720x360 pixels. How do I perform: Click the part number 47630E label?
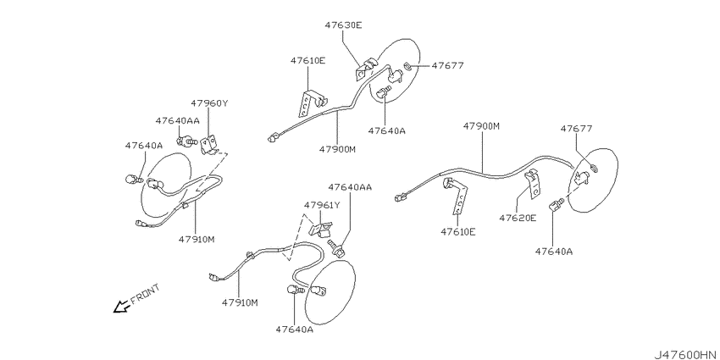click(343, 25)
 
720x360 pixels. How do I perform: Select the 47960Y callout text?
click(209, 103)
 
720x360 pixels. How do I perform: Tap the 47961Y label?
click(322, 205)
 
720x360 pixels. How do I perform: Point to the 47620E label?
click(518, 218)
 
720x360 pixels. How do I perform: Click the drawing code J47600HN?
click(685, 355)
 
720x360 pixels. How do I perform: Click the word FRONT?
click(146, 294)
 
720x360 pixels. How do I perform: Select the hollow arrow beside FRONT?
click(121, 307)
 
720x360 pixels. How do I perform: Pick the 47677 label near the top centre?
click(447, 66)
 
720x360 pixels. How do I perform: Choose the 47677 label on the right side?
click(576, 129)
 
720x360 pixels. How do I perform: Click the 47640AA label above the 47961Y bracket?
click(350, 187)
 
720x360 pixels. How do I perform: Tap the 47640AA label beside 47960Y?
click(177, 121)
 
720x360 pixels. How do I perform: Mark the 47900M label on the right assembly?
click(481, 125)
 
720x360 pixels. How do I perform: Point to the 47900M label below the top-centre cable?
click(338, 149)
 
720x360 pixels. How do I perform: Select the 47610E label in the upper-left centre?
click(307, 60)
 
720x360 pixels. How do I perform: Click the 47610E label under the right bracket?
click(458, 232)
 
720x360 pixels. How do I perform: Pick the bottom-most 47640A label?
click(295, 330)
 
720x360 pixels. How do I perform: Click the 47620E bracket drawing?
click(533, 183)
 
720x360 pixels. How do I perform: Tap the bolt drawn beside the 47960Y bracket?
click(187, 140)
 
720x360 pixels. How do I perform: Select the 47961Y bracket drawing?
click(320, 228)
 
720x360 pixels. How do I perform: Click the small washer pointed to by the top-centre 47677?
click(407, 66)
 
